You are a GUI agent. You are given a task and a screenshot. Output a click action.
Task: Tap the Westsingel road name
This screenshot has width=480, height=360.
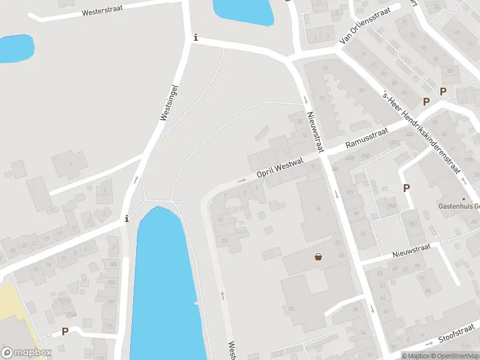tap(170, 103)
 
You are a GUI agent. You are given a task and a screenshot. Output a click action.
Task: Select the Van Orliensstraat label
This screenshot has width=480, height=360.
tap(365, 26)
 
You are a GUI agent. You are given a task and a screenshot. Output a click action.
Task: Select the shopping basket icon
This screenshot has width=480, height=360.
tap(318, 257)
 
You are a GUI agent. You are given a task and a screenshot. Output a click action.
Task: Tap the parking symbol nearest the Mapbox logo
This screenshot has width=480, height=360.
tap(65, 331)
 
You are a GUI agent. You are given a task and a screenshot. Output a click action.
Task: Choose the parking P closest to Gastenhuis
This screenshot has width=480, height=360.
tap(407, 188)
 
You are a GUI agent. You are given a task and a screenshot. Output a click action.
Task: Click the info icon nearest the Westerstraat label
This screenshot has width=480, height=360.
tap(195, 37)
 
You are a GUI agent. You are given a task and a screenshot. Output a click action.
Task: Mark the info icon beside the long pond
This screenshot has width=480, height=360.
tap(126, 218)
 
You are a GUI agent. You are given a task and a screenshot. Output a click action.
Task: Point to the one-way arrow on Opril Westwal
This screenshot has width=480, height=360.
tap(242, 179)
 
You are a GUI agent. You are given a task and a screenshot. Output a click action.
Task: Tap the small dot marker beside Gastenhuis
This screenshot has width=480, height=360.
tap(463, 199)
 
